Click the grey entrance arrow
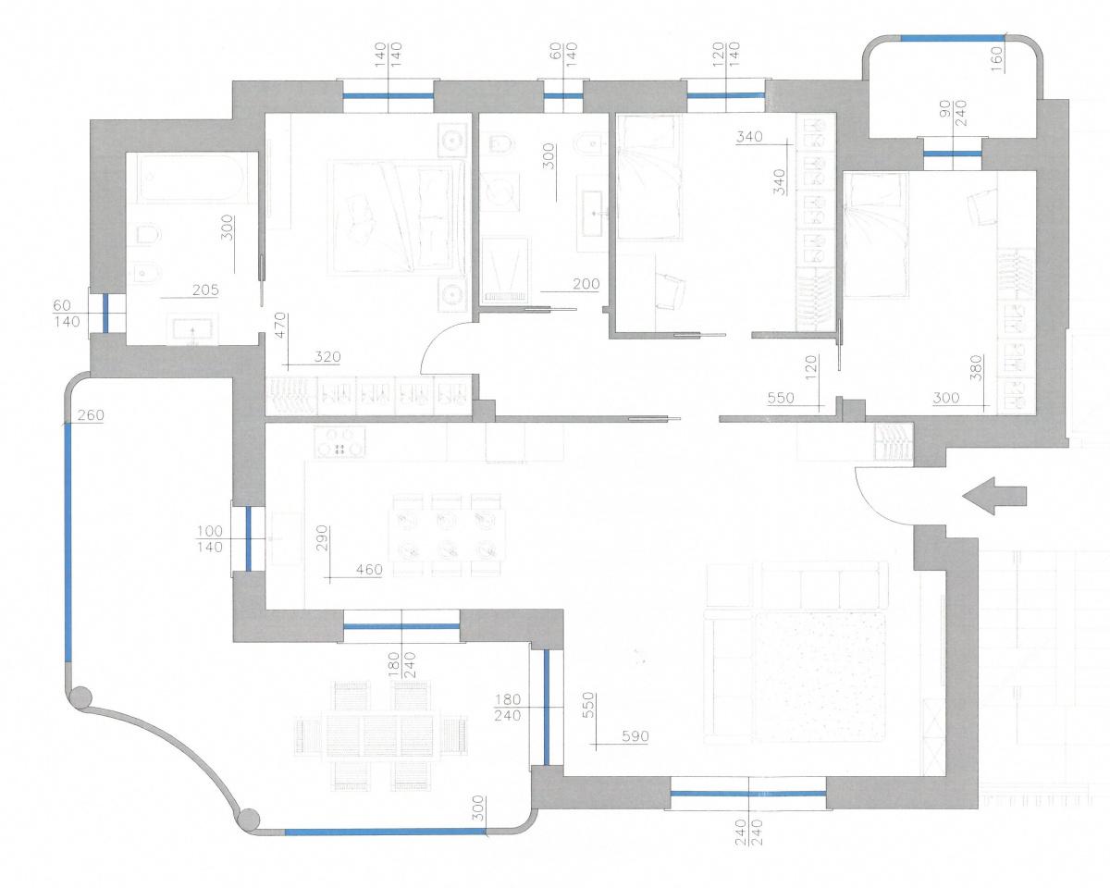pyautogui.click(x=994, y=496)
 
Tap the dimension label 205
pyautogui.click(x=205, y=290)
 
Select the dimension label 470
pyautogui.click(x=280, y=325)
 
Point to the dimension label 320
pyautogui.click(x=327, y=356)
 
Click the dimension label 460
pyautogui.click(x=369, y=570)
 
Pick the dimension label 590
pyautogui.click(x=635, y=736)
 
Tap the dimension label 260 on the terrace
pyautogui.click(x=91, y=414)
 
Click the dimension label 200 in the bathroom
pyautogui.click(x=586, y=283)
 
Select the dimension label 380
pyautogui.click(x=977, y=369)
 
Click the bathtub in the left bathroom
pyautogui.click(x=191, y=179)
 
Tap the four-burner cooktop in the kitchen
pyautogui.click(x=339, y=443)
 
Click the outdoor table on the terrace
pyautogui.click(x=380, y=735)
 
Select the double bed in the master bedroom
pyautogui.click(x=397, y=216)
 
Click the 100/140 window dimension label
pyautogui.click(x=210, y=538)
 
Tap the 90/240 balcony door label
pyautogui.click(x=953, y=114)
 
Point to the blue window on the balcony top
pyautogui.click(x=952, y=38)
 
